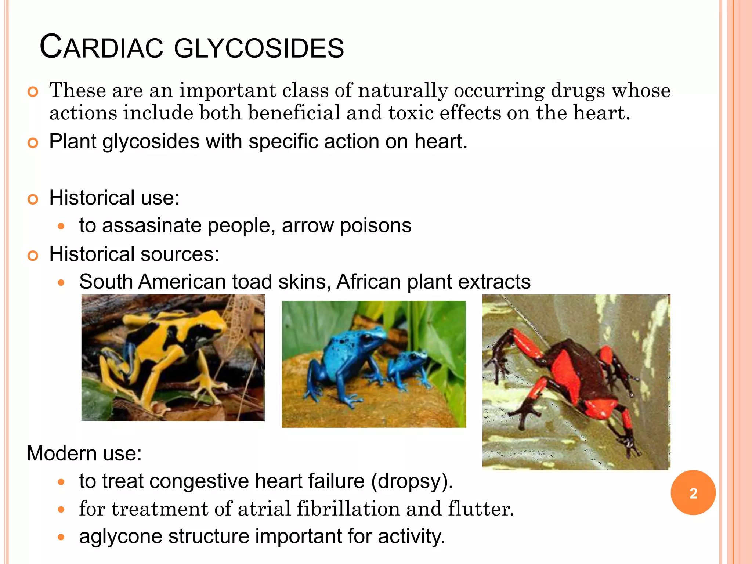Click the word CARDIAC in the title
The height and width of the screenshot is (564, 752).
[x=101, y=48]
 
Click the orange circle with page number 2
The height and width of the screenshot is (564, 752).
[x=693, y=492]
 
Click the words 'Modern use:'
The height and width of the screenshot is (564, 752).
[x=84, y=453]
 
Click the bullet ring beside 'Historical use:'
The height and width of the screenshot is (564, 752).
[x=33, y=199]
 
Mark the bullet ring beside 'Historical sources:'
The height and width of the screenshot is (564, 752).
[x=33, y=256]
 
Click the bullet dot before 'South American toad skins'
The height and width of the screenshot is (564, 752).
[x=61, y=282]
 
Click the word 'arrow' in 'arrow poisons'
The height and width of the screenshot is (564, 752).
[x=308, y=225]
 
